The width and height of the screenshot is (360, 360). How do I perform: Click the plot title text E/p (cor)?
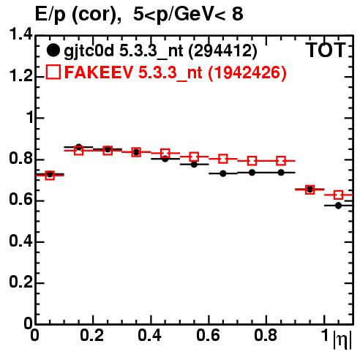[x=78, y=15]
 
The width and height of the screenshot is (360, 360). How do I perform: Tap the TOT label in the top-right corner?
[x=326, y=50]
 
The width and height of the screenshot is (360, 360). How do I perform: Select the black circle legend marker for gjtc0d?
[x=53, y=50]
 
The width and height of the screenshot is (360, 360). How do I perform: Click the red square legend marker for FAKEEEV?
[x=53, y=72]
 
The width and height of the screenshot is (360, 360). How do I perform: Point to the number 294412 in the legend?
[x=223, y=50]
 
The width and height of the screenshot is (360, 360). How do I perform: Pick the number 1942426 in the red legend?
[x=247, y=72]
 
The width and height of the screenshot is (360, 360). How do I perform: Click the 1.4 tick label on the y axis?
[x=20, y=34]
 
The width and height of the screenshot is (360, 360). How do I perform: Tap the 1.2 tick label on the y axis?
[x=20, y=76]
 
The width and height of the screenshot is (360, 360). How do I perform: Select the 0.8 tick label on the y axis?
[x=20, y=159]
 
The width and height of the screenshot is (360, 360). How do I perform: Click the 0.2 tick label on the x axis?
[x=92, y=335]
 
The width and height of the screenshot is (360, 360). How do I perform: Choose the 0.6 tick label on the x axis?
[x=208, y=335]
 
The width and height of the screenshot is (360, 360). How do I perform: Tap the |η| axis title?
[x=342, y=340]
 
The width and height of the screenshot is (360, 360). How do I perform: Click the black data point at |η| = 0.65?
[x=223, y=173]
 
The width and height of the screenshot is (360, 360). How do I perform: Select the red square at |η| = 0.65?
[x=223, y=159]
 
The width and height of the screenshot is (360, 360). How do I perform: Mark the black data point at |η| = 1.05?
[x=338, y=206]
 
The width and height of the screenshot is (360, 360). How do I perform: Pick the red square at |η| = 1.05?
[x=338, y=195]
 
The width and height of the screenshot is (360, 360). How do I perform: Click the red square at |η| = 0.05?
[x=50, y=176]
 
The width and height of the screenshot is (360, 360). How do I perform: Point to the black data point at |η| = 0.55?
[x=194, y=165]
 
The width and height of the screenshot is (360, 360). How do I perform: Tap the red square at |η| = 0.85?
[x=281, y=161]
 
